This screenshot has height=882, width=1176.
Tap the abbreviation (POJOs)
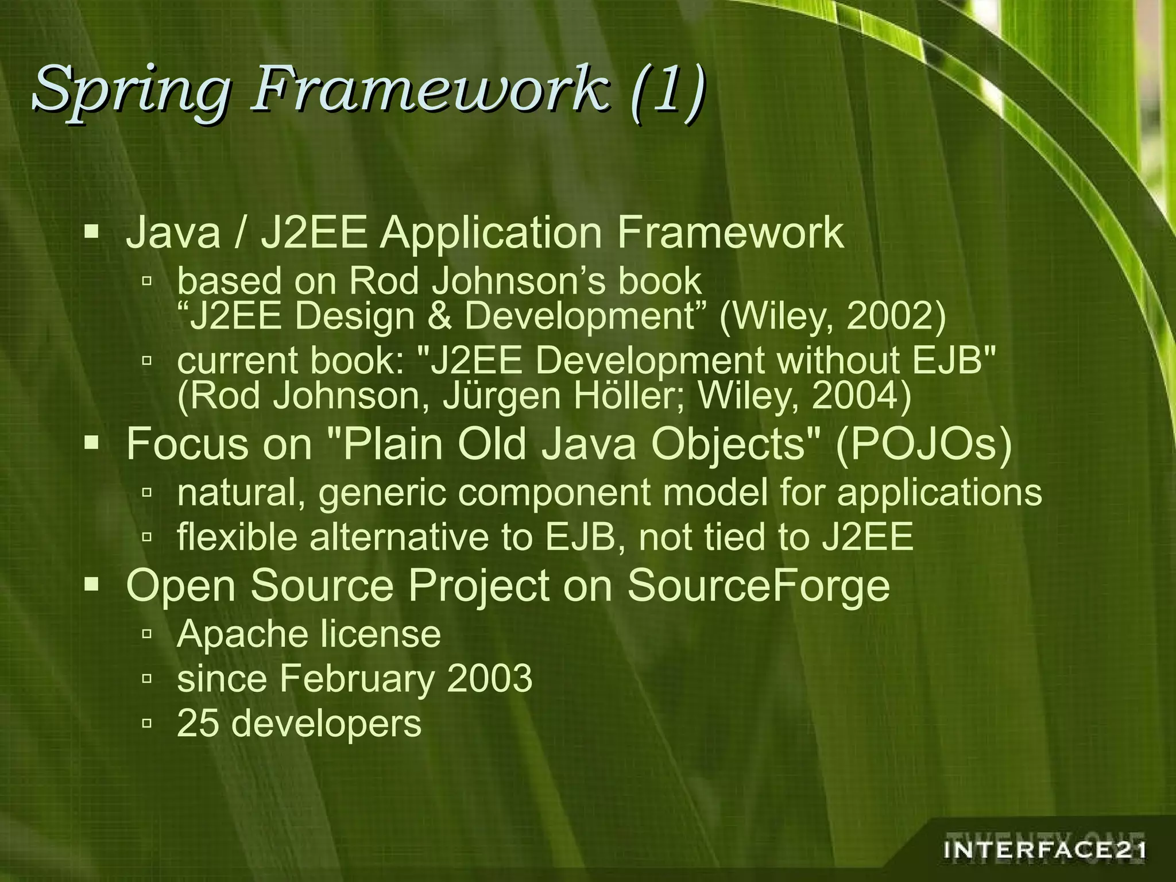pos(923,444)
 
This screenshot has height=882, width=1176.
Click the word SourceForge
pos(758,585)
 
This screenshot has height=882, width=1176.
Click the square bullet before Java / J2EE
pos(91,233)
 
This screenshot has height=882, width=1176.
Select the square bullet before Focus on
pos(91,443)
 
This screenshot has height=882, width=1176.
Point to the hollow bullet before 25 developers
pos(147,724)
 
